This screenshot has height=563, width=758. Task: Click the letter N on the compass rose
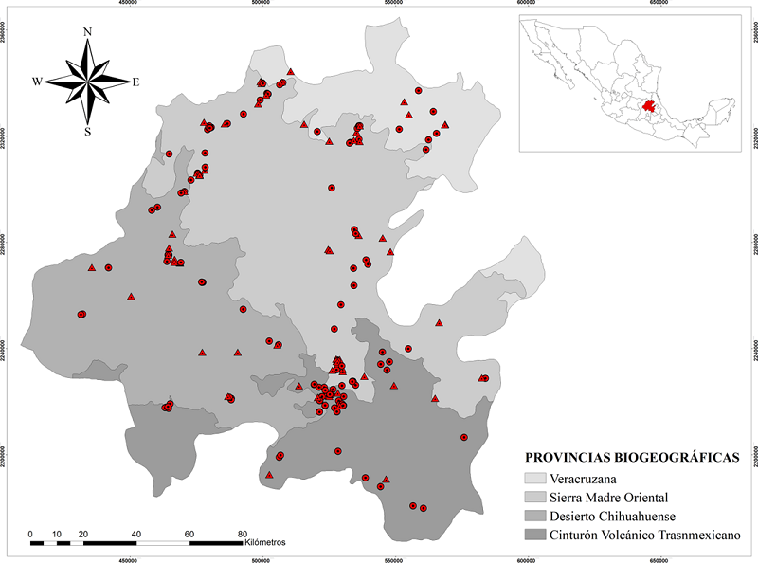[88, 32]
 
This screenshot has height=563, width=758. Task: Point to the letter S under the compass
[88, 132]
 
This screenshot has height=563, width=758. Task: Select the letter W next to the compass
[38, 82]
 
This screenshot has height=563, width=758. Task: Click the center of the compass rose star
[88, 82]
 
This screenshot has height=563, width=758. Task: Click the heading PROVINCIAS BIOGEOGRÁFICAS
[631, 457]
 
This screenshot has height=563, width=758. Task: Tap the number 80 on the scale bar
[242, 533]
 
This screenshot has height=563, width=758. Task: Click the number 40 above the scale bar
[136, 533]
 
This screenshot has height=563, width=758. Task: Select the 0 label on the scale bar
[31, 533]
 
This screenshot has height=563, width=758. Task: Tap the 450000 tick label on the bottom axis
[129, 558]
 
